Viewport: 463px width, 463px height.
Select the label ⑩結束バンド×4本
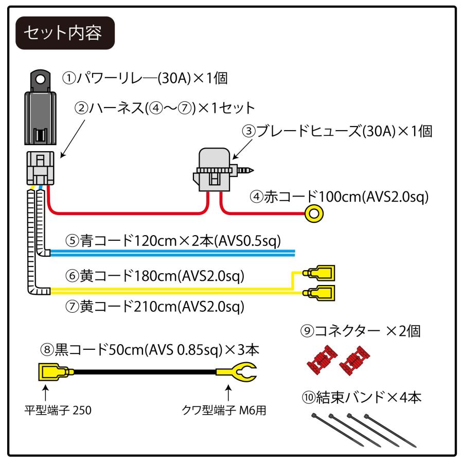tap(360, 397)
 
